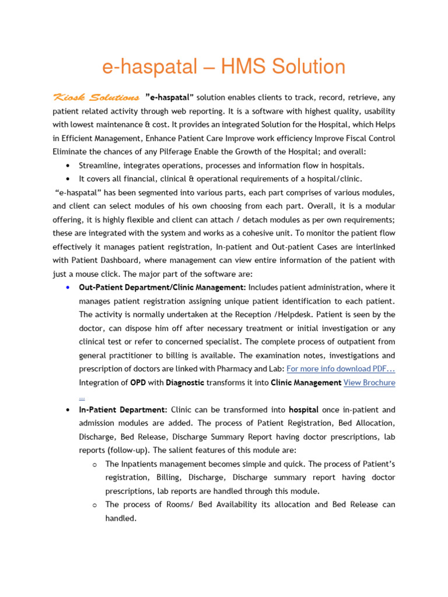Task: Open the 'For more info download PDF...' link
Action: tap(341, 368)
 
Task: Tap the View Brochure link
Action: tap(369, 382)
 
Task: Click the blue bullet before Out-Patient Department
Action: tap(69, 287)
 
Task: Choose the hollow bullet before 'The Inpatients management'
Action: tap(94, 464)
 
